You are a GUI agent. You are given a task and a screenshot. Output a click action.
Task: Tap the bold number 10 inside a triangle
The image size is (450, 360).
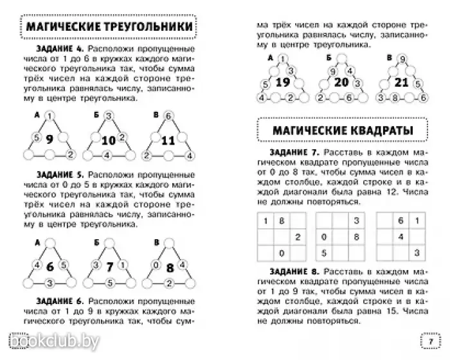point(108,139)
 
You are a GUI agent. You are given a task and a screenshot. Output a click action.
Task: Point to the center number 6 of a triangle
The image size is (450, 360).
point(48,265)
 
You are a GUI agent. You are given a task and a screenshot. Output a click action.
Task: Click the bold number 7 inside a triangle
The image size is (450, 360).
point(110,265)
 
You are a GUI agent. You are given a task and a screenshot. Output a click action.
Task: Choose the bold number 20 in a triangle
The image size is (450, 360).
point(341,83)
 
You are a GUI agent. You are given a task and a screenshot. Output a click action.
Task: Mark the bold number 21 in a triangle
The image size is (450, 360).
point(402,83)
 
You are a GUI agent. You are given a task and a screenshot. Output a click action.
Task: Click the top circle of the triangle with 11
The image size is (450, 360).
point(167,116)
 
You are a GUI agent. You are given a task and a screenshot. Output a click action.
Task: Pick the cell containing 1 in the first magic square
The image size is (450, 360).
point(264,222)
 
